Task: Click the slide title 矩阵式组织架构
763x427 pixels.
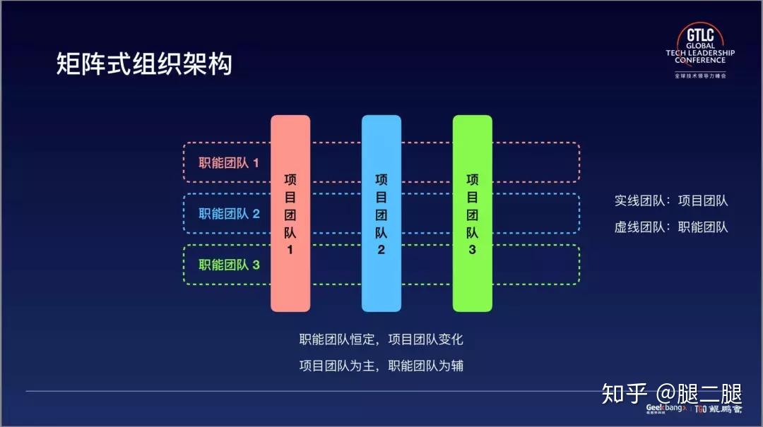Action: (x=143, y=64)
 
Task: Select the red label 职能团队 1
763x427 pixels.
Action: (x=229, y=163)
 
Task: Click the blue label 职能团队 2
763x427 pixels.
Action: (x=229, y=213)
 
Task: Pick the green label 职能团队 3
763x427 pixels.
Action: (x=229, y=265)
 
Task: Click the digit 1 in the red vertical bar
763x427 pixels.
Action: (x=290, y=250)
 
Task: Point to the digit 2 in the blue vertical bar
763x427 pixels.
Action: (x=381, y=249)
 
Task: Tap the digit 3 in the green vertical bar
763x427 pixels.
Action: (x=472, y=249)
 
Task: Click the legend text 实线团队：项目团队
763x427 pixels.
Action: (x=670, y=200)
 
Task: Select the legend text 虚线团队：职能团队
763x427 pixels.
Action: (x=670, y=227)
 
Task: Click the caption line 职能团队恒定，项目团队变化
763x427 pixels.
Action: (x=381, y=339)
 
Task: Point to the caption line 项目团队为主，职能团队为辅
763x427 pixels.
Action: (x=381, y=366)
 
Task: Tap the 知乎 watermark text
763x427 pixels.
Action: (x=625, y=392)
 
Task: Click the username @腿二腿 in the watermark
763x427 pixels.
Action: (x=699, y=392)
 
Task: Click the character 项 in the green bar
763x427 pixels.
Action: (x=472, y=179)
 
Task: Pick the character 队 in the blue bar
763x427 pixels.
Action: (x=381, y=231)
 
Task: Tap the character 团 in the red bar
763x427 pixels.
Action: (x=290, y=215)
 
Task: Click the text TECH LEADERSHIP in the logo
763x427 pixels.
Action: (x=699, y=53)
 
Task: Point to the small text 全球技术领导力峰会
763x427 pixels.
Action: (x=699, y=75)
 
